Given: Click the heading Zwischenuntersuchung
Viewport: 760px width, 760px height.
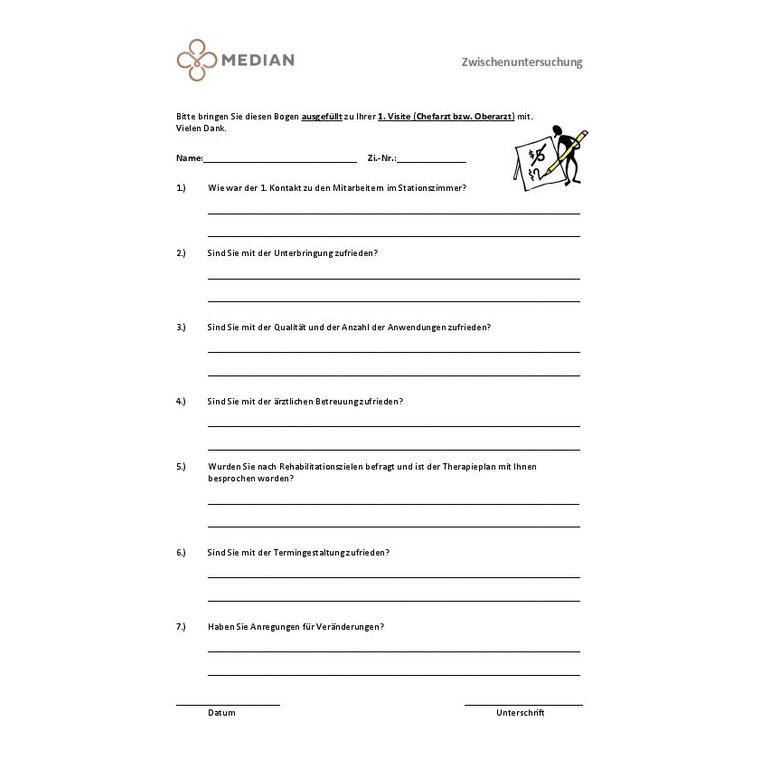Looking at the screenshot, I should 521,62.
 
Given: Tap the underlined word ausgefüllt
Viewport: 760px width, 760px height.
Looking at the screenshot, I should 322,117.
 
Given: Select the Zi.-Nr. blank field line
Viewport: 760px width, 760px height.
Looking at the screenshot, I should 433,160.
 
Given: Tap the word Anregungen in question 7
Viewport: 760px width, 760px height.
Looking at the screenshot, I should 271,626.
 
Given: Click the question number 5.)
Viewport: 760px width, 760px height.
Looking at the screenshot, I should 181,467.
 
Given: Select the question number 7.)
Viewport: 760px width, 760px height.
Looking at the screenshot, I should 181,626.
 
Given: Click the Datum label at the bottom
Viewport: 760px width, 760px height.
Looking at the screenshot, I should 222,713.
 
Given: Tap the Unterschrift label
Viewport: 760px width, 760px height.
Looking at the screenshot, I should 520,713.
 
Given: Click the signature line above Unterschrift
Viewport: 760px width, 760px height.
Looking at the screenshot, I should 523,705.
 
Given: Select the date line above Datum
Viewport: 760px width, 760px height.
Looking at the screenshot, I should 228,705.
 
